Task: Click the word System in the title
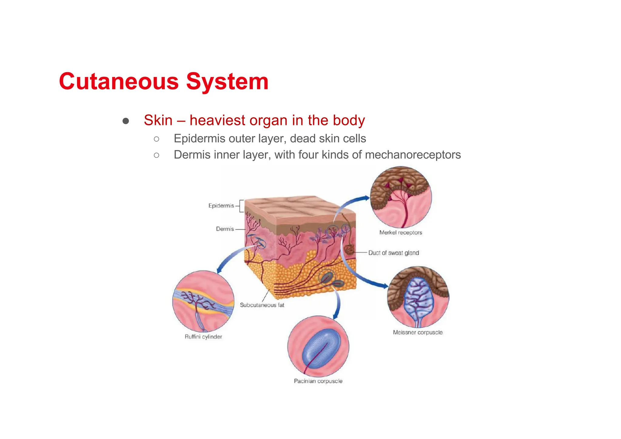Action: click(227, 82)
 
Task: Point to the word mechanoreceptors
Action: click(413, 155)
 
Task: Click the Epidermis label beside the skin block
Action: click(221, 206)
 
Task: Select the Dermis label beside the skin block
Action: click(225, 229)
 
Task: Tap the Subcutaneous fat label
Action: click(262, 305)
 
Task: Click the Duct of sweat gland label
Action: click(393, 253)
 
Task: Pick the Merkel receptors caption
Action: click(401, 233)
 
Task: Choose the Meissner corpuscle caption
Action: click(418, 332)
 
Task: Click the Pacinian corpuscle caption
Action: click(318, 381)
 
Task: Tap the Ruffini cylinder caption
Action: click(203, 337)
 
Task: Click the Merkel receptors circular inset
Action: click(401, 197)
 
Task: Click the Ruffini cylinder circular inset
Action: click(203, 301)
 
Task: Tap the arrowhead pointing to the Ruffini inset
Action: click(219, 270)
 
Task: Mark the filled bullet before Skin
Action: click(126, 121)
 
